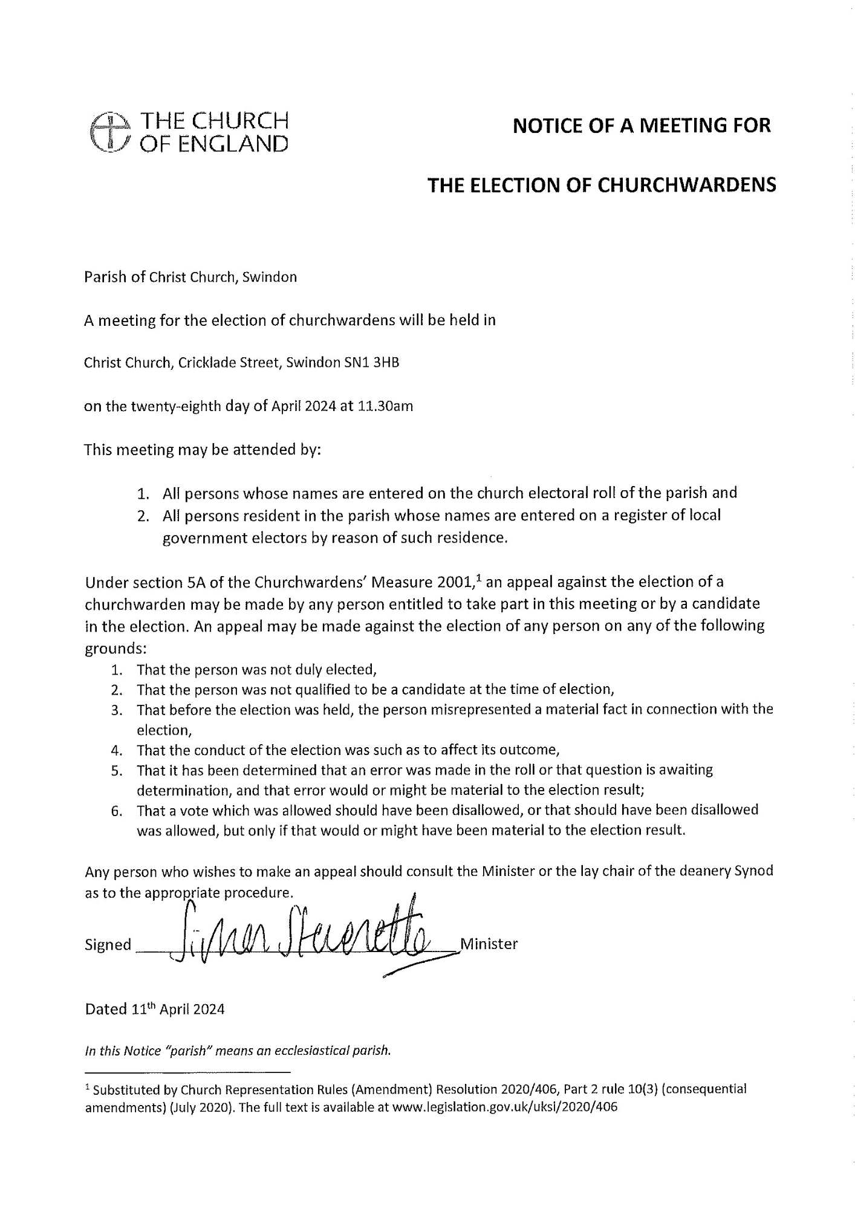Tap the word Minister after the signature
pyautogui.click(x=489, y=944)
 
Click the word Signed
pyautogui.click(x=108, y=945)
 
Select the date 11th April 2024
pyautogui.click(x=177, y=1009)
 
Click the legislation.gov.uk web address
pyautogui.click(x=504, y=1107)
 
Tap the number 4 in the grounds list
pyautogui.click(x=117, y=751)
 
